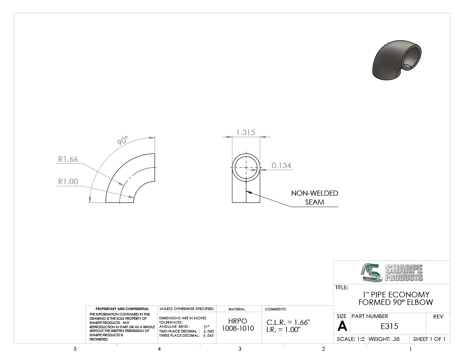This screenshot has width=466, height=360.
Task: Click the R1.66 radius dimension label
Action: point(68,159)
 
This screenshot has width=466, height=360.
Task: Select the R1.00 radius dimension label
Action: point(68,182)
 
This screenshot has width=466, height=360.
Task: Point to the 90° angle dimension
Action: point(122,141)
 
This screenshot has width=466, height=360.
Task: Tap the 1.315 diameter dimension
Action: point(245,133)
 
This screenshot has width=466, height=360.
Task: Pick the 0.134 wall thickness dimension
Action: point(281,166)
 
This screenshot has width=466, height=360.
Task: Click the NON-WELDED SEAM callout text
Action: point(314,197)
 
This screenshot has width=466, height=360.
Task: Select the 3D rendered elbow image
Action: point(397,60)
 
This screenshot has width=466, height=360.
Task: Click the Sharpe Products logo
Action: point(392,272)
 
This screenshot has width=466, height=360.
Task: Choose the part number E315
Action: point(389,326)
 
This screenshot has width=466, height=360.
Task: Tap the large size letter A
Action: point(342,327)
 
